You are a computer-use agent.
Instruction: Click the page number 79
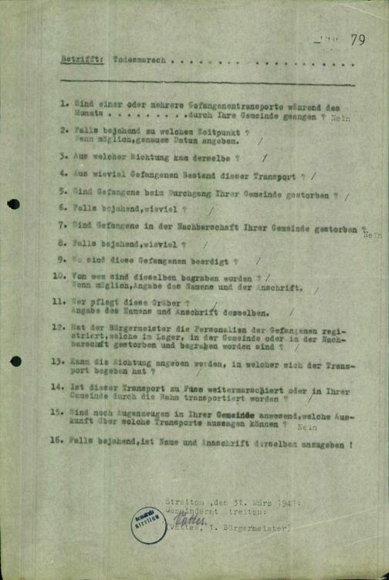(357, 41)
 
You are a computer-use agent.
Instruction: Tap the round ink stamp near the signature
(147, 524)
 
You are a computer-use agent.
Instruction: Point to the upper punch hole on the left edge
(13, 204)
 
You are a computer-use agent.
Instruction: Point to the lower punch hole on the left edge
(15, 360)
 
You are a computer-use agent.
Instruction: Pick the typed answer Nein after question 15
(306, 426)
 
